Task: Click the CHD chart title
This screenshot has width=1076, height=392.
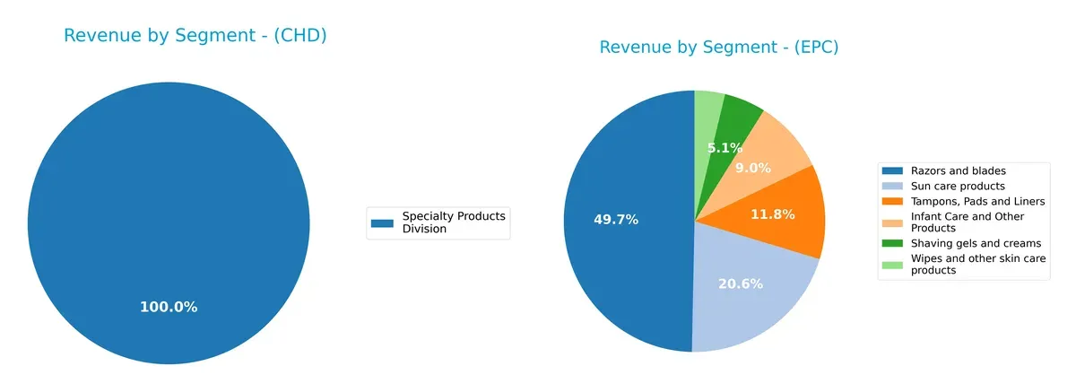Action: [195, 36]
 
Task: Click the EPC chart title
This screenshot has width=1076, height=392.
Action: [718, 48]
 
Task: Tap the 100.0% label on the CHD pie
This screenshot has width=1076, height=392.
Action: [169, 307]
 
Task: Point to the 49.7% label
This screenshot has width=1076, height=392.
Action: [616, 219]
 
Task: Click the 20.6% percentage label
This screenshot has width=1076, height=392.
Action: [741, 284]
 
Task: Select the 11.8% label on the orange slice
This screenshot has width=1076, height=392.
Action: [773, 214]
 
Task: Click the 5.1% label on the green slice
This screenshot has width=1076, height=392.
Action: [725, 148]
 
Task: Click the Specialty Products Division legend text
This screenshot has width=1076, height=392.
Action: [454, 222]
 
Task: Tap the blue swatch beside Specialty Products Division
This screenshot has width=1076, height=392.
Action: [383, 222]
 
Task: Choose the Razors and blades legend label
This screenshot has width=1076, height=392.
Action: [958, 170]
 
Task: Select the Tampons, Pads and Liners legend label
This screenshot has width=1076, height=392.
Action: [977, 201]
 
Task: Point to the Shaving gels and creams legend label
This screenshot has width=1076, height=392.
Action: [976, 243]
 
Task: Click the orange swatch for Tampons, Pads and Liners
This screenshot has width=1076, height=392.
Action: [893, 201]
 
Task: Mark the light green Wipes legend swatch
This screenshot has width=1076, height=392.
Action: [893, 264]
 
